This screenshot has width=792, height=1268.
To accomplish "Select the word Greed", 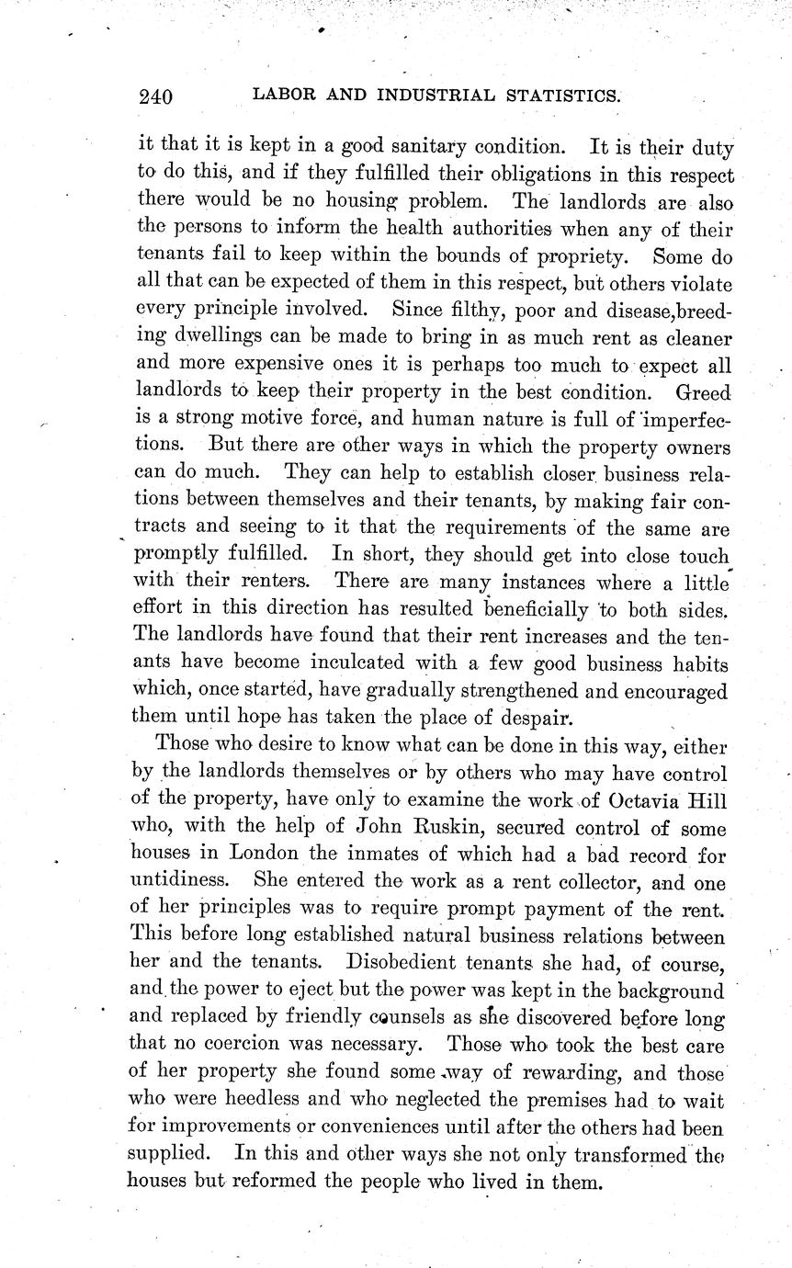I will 704,392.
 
